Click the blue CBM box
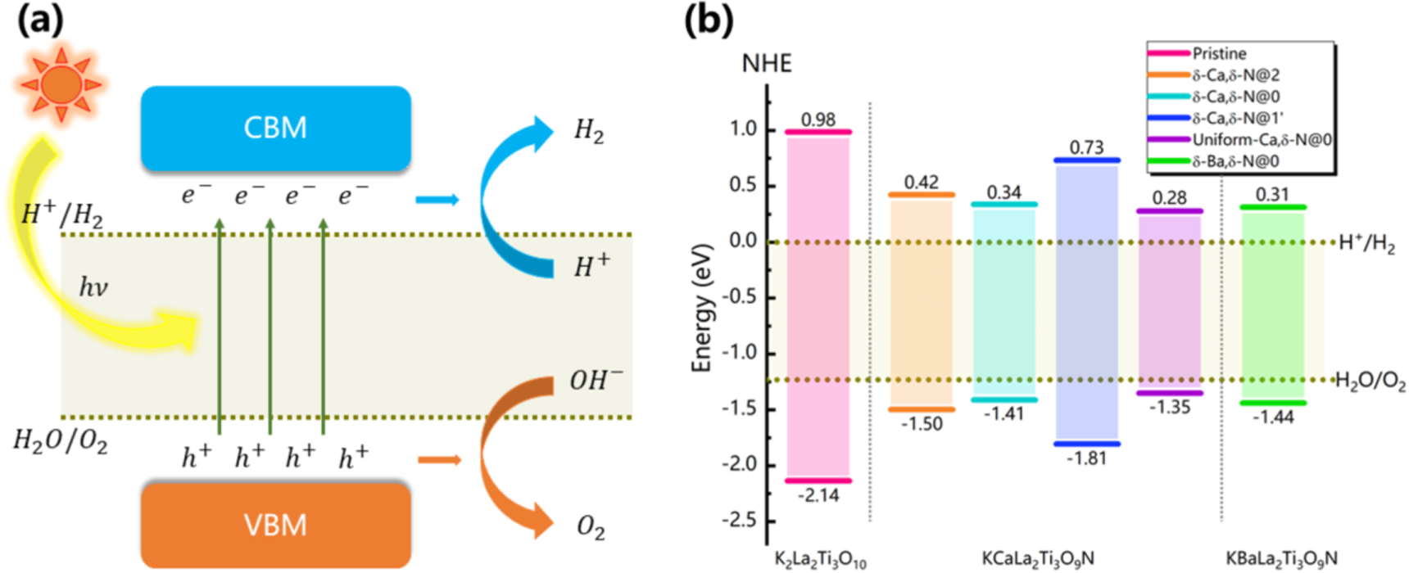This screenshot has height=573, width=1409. [x=275, y=129]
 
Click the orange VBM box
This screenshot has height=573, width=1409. [x=275, y=525]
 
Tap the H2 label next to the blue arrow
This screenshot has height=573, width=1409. [x=589, y=130]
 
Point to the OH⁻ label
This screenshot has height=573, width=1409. [x=596, y=381]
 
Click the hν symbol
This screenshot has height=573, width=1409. [x=93, y=287]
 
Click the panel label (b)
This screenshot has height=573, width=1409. [x=709, y=20]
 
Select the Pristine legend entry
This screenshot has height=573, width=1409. [x=1218, y=54]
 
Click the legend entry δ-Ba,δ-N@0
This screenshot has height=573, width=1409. [x=1235, y=161]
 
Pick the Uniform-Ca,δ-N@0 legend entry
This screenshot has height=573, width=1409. [x=1261, y=140]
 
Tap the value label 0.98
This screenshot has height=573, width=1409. [x=818, y=120]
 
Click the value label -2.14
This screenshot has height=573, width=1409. [x=818, y=495]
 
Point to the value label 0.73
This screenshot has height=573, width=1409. [x=1086, y=147]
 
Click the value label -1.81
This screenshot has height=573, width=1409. [x=1086, y=458]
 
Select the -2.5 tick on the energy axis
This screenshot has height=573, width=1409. [x=739, y=521]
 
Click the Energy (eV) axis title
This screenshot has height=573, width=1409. [x=702, y=307]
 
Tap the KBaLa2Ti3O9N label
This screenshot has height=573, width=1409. [x=1281, y=559]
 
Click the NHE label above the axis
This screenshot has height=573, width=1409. [x=767, y=64]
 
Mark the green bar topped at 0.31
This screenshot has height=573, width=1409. [x=1273, y=303]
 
